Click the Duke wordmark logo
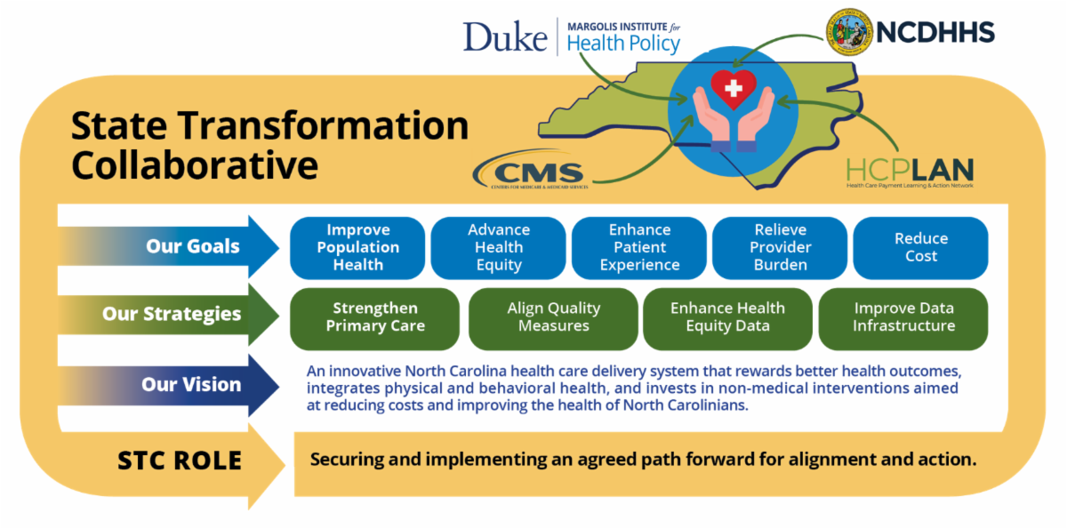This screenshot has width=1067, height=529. click(504, 36)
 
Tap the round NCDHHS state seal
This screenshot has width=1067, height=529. click(850, 33)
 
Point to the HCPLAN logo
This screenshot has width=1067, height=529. click(909, 171)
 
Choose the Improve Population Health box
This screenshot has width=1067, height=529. click(357, 247)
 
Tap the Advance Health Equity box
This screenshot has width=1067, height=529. click(498, 247)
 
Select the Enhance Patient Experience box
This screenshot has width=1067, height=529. click(639, 247)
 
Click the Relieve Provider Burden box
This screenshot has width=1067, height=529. click(779, 247)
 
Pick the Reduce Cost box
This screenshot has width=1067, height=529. click(920, 247)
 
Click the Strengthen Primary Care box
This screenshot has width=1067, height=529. click(374, 317)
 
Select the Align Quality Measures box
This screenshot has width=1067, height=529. click(553, 317)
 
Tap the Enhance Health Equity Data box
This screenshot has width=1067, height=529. click(727, 317)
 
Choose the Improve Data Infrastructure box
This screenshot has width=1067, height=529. click(903, 317)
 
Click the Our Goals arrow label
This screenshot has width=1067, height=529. click(193, 247)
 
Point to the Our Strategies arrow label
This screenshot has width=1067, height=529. click(171, 314)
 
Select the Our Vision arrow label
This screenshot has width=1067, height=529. click(190, 385)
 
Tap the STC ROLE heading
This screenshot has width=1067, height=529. click(180, 461)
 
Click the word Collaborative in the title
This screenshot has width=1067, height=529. click(195, 165)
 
